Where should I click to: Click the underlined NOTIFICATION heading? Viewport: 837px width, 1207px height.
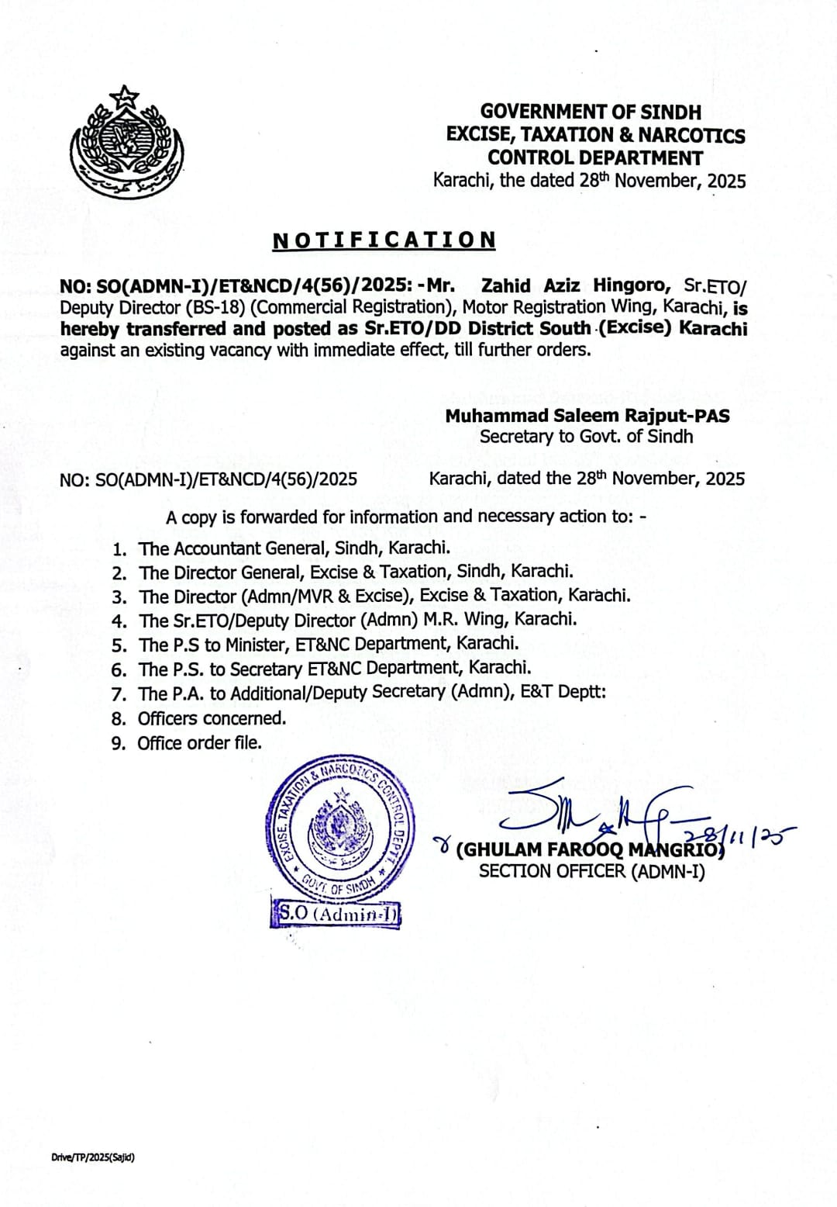384,240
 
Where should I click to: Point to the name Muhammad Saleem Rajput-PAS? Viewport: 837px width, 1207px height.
587,416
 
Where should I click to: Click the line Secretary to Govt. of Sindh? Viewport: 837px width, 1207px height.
586,436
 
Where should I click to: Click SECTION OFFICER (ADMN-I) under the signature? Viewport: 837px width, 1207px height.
591,871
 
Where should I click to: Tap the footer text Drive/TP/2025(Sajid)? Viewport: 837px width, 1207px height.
93,1157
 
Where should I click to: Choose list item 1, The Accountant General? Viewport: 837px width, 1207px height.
294,548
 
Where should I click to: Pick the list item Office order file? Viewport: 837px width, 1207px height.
199,742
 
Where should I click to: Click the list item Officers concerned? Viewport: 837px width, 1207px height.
212,718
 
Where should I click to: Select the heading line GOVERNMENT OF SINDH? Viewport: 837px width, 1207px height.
591,112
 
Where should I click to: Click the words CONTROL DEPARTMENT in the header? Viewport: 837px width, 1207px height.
595,157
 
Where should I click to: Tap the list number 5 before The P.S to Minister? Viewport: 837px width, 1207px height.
119,645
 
